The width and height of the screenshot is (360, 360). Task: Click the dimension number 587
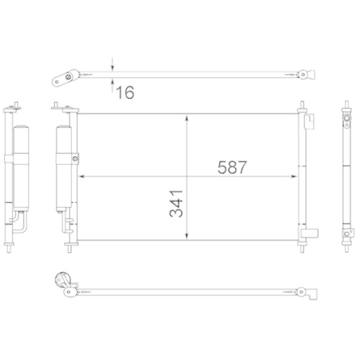coord(232,167)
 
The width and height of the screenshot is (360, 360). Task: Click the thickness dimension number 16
coord(124,91)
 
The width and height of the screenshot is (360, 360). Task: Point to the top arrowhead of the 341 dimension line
coord(188,117)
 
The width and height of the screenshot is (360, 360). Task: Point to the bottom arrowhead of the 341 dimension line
coord(188,237)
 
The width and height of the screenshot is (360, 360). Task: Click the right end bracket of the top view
coord(305,73)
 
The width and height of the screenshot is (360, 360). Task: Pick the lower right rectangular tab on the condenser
coord(312,233)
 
